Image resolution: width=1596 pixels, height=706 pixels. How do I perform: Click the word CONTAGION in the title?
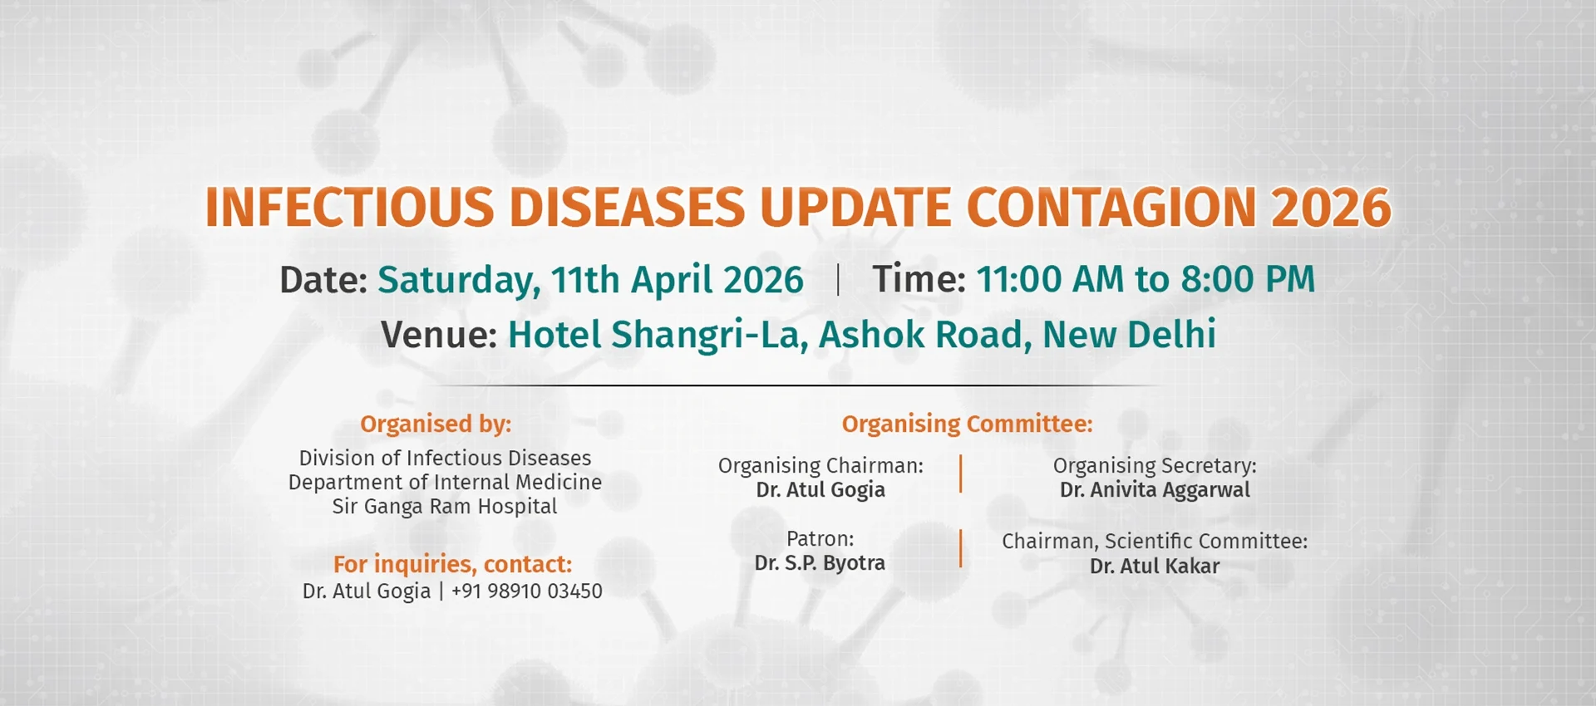1111,207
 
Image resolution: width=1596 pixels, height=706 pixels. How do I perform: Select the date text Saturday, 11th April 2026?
590,280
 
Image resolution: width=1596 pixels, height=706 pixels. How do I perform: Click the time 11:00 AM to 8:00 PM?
1145,279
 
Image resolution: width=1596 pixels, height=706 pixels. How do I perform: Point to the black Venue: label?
439,335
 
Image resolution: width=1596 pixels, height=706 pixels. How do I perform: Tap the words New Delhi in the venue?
1129,335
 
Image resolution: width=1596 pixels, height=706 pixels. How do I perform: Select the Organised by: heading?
436,424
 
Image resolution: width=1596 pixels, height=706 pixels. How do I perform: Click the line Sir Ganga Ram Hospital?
445,506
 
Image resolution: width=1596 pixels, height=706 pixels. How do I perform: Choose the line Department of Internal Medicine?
445,482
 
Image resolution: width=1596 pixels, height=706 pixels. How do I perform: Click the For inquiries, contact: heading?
452,564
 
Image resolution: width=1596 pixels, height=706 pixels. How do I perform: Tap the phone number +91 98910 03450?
526,591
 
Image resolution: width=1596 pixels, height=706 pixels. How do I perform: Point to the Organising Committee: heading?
967,424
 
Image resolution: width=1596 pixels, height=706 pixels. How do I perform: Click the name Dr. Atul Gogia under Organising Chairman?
820,490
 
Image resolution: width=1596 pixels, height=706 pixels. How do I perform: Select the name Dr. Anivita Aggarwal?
1155,490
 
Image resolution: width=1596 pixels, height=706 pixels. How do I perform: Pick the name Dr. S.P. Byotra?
820,563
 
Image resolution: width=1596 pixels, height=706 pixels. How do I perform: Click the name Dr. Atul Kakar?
1155,566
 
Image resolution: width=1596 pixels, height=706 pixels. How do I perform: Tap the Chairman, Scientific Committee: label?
1155,542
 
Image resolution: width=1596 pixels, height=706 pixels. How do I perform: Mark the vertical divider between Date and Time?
838,280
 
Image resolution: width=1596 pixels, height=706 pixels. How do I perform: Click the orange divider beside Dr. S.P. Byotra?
961,548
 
